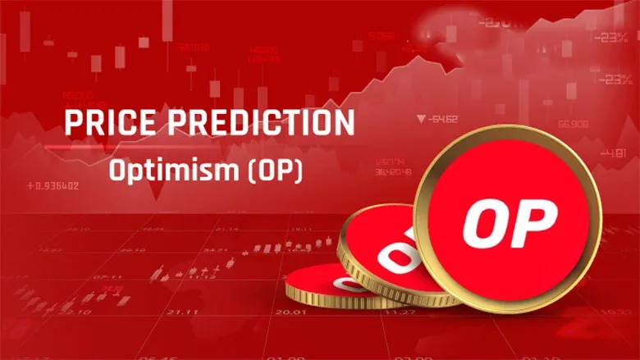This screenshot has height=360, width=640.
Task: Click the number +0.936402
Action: pos(53,186)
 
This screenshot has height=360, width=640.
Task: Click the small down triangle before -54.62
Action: pos(420,119)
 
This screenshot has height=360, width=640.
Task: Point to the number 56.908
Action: pos(572,125)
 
